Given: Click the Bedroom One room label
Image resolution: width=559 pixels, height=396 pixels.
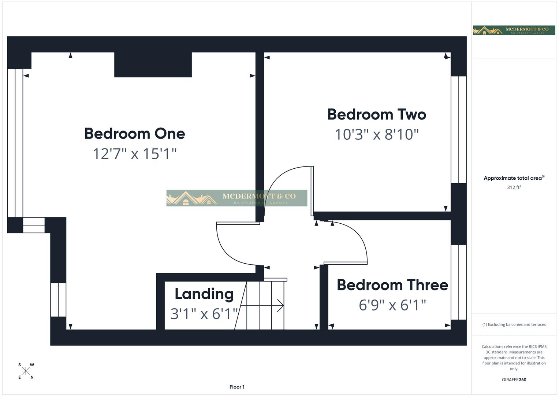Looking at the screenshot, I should [x=134, y=133].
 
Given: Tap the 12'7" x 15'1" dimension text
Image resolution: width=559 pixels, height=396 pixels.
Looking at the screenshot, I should [x=134, y=154].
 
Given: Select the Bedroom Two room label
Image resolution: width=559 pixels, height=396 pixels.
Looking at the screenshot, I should [x=376, y=114].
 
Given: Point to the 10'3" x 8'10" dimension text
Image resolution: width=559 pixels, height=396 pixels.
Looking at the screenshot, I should [x=376, y=135].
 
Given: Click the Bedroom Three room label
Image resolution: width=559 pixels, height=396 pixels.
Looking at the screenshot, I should [x=392, y=285].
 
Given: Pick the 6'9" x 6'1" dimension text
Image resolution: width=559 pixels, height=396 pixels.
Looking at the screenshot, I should [x=392, y=305].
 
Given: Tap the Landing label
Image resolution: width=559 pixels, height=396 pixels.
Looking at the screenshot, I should [x=204, y=294].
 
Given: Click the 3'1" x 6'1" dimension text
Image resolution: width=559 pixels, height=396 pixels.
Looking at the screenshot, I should [x=204, y=314].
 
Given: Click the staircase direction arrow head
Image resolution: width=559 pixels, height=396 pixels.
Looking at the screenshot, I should [x=281, y=305].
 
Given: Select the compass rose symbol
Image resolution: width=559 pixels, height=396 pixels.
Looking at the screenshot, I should [x=26, y=371].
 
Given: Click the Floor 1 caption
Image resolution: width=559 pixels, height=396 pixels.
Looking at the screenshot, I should [x=237, y=387].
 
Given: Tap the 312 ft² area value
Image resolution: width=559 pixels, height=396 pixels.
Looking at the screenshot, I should [x=514, y=187].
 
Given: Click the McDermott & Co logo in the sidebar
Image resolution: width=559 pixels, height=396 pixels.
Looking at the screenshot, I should [x=514, y=30].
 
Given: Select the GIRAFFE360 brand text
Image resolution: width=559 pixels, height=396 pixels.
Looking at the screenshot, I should [x=514, y=380].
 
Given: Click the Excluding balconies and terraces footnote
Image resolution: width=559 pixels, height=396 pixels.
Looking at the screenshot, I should [x=514, y=324].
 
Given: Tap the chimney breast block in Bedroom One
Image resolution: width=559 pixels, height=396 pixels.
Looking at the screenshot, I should [x=153, y=65].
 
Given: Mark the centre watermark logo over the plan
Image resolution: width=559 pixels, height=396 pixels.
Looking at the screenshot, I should [x=236, y=198].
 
